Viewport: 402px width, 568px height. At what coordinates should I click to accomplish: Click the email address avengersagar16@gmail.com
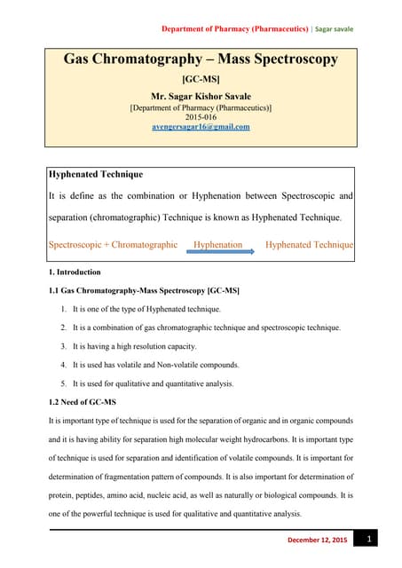coord(201,127)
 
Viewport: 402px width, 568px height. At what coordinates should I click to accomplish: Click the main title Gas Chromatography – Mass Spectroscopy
coord(201,59)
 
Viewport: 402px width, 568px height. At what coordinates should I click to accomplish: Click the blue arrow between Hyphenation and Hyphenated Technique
coord(220,252)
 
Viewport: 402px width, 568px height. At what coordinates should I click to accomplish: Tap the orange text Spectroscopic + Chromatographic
coord(113,244)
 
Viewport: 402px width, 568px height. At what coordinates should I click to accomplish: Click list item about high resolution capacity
coord(135,346)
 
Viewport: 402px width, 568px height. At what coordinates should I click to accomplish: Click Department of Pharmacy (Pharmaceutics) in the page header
coord(233,28)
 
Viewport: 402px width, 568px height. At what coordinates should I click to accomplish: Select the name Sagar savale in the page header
coord(334,28)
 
